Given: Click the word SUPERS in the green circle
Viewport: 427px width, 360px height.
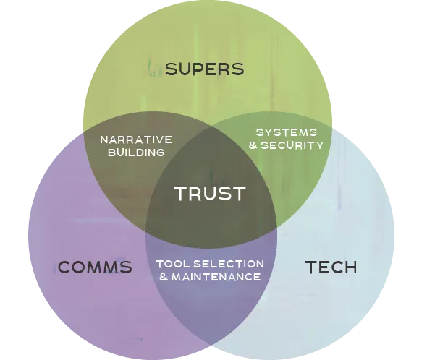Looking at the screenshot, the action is pos(204,69).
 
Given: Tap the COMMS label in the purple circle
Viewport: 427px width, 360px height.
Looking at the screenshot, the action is pos(95,267).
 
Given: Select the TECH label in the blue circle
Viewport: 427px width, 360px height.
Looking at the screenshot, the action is pos(331,267).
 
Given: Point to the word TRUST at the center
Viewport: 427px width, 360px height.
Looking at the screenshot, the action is pos(210,194).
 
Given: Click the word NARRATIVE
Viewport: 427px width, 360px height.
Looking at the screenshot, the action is pos(136,140).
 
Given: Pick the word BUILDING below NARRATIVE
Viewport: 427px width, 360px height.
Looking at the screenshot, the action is pos(136,153).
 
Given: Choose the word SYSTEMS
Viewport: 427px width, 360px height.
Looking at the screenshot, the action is pos(287,132).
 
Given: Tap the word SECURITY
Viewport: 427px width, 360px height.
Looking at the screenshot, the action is pos(292,145).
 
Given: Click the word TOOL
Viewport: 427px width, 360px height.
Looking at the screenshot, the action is pos(173,264).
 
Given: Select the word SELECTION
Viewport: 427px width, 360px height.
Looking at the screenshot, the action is pos(229,264).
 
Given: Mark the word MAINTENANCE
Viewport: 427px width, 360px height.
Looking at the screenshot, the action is pos(216,277).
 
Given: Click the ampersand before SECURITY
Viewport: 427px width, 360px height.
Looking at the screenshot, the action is pos(253,145).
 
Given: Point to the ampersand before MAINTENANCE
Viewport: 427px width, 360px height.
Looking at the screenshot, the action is pos(164,277).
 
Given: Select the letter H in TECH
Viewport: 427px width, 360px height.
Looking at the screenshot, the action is pos(350,267).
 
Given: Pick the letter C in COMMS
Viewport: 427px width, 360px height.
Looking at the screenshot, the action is pos(64,267).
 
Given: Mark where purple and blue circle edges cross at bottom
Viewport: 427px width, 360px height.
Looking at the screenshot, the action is pos(211,344).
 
